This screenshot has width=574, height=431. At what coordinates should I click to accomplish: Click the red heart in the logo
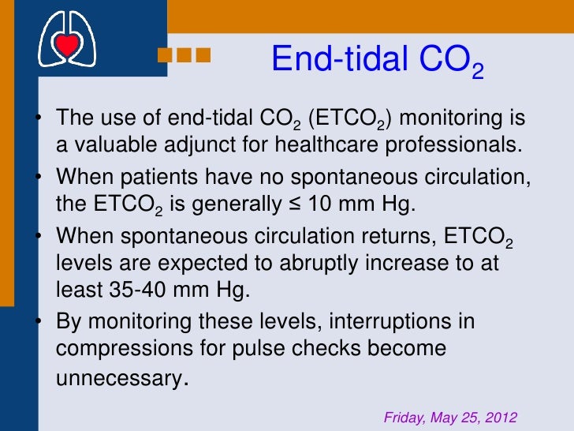67,45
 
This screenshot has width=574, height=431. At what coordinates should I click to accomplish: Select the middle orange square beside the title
185,55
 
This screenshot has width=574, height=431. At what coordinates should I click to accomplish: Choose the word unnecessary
118,378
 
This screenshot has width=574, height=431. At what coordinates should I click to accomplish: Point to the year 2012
501,417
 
